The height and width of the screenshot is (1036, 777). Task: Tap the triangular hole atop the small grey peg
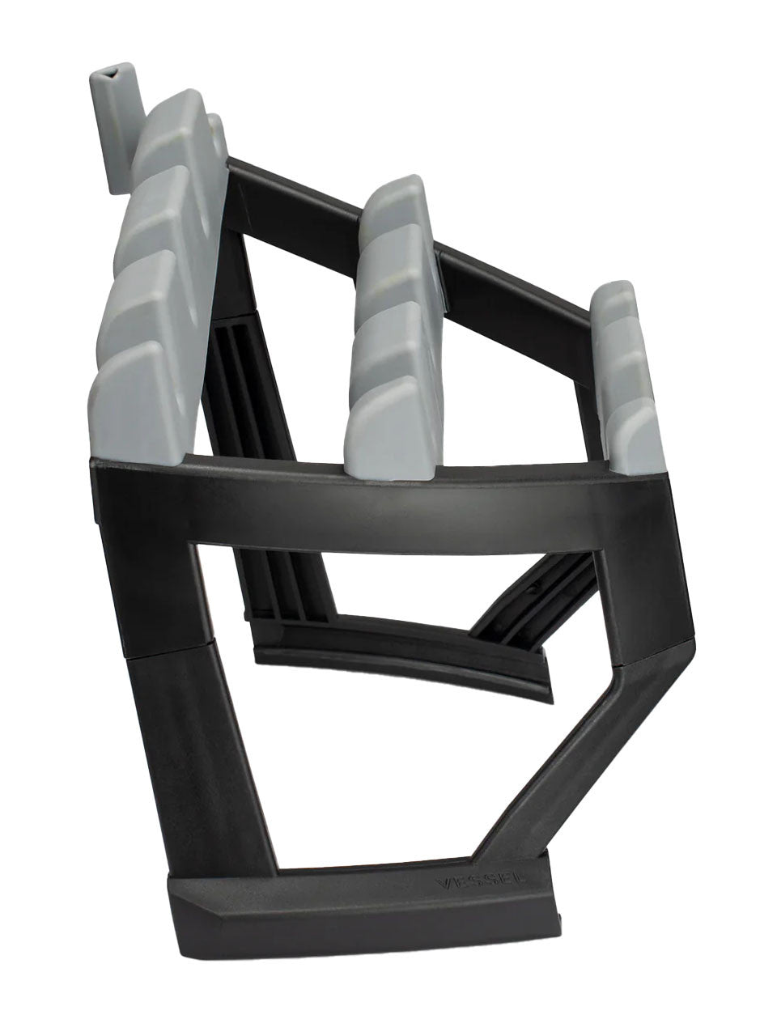point(109,74)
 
